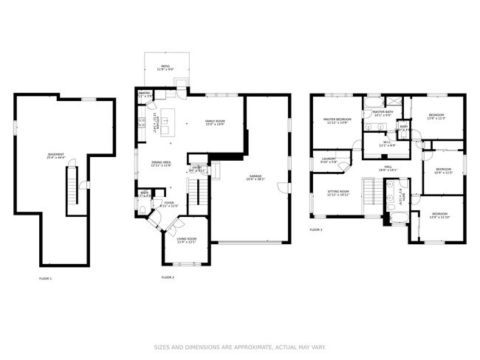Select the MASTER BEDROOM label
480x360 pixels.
click(x=338, y=120)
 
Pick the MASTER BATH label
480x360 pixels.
click(x=383, y=113)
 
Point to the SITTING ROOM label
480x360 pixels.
click(x=338, y=193)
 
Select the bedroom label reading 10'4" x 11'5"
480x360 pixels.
click(x=443, y=170)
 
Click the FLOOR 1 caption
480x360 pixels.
click(x=45, y=278)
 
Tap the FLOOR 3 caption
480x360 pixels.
click(x=316, y=230)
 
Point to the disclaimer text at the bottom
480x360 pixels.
click(x=240, y=347)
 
